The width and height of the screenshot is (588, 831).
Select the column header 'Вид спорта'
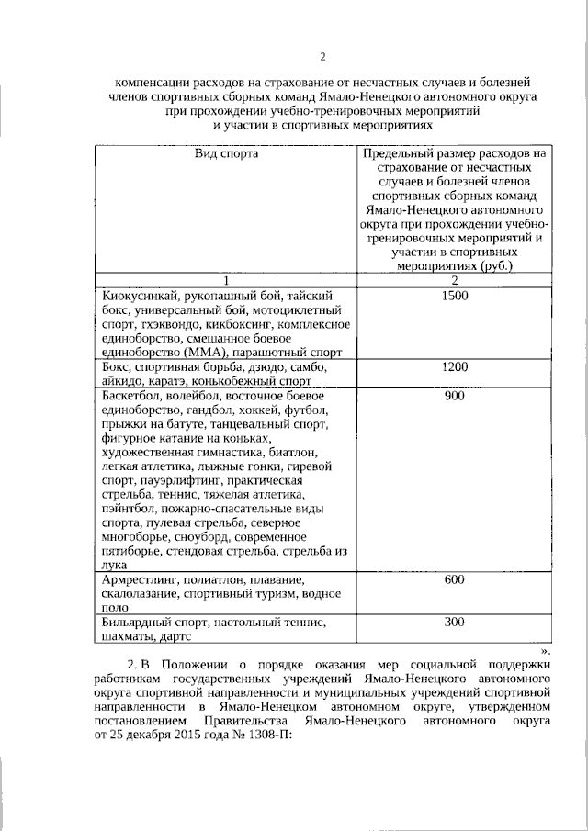click(226, 153)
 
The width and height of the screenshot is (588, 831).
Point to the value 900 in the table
click(454, 396)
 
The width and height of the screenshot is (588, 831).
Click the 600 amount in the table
click(454, 581)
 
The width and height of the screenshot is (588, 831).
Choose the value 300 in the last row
click(454, 623)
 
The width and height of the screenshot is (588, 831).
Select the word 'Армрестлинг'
click(140, 581)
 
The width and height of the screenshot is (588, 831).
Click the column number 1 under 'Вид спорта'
click(226, 279)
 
